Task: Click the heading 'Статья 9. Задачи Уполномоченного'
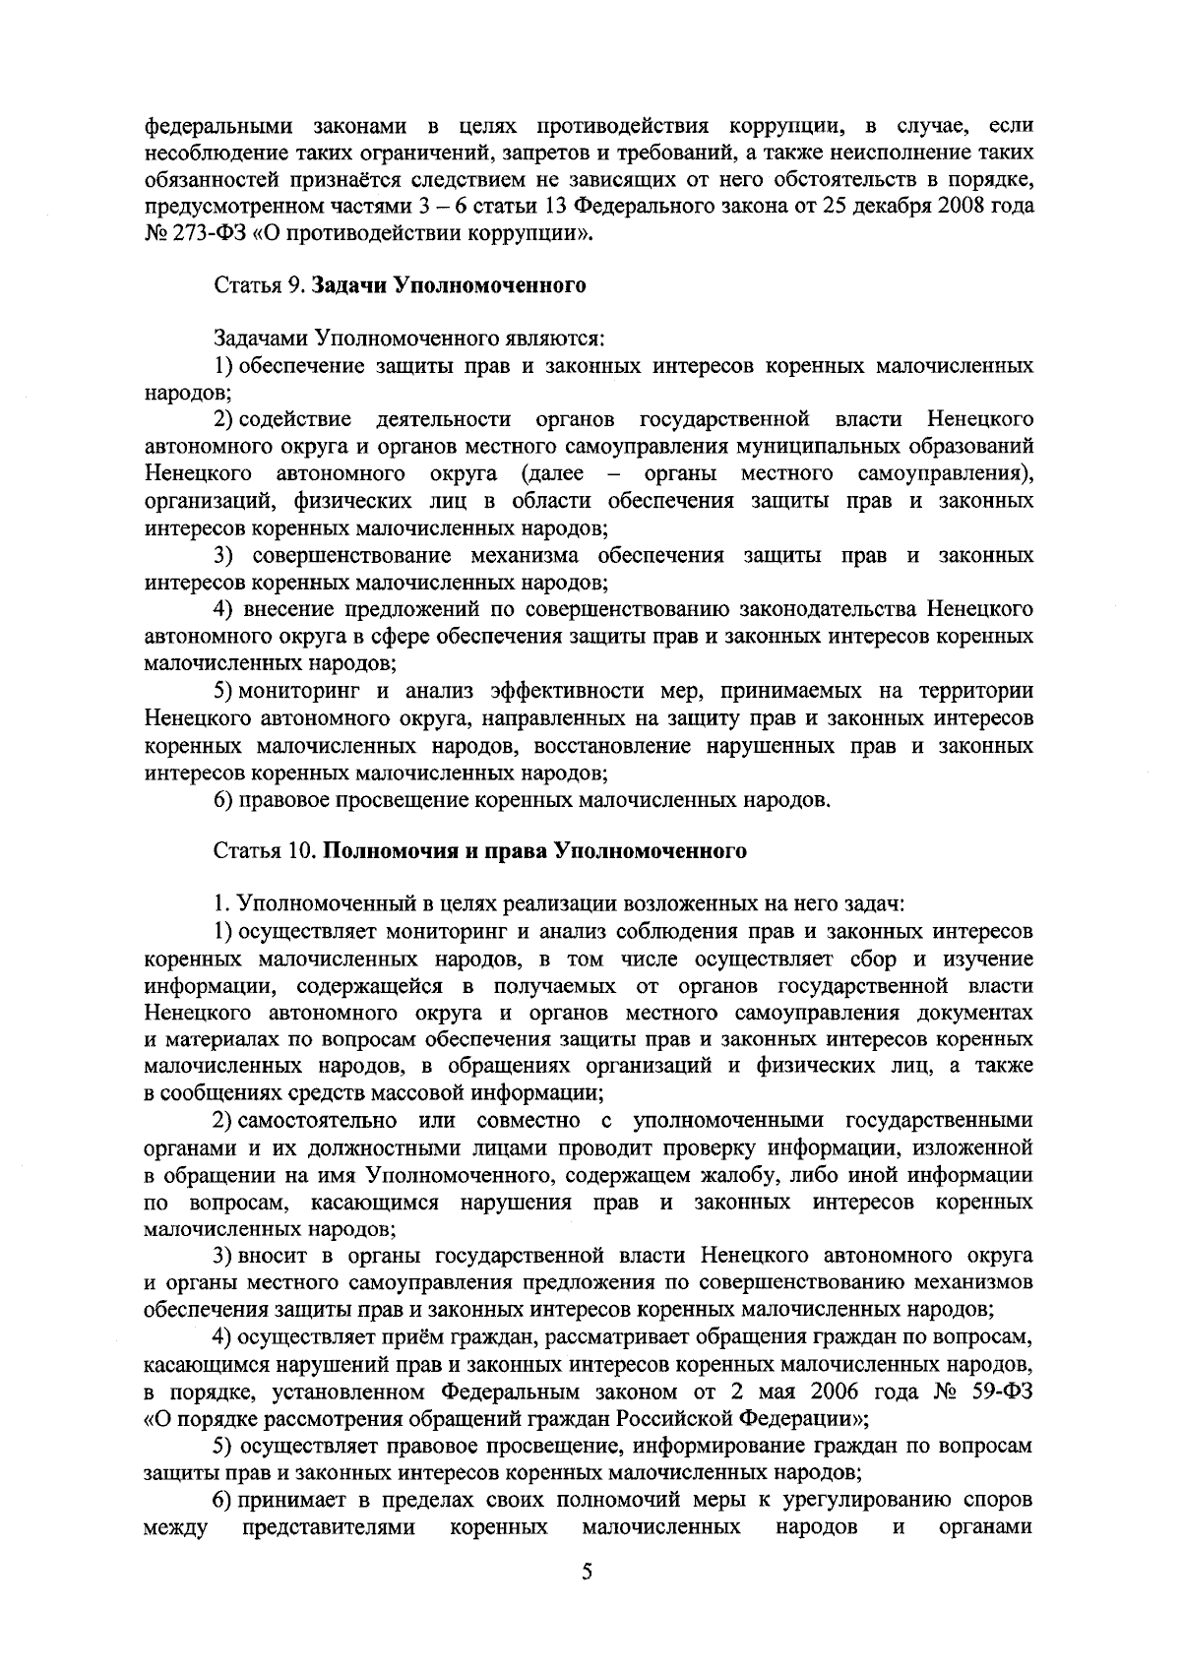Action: click(x=401, y=285)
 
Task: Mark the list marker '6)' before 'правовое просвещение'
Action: click(x=223, y=798)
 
